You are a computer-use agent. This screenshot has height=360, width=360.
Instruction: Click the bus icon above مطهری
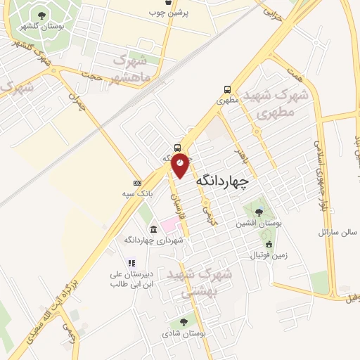pos(227,89)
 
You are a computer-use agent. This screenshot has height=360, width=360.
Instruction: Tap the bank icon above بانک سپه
pos(136,183)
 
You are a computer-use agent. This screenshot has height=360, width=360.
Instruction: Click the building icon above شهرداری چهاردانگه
pos(153,229)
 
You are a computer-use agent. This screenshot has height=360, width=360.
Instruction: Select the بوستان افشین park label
pos(260,223)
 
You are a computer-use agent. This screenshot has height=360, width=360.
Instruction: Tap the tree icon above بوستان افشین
pos(259,212)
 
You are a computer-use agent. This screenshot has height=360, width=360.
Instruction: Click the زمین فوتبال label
pos(269,255)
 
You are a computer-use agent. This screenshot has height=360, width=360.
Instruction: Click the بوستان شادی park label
pos(184,334)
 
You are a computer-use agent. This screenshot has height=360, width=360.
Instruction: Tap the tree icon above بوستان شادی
pos(184,322)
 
